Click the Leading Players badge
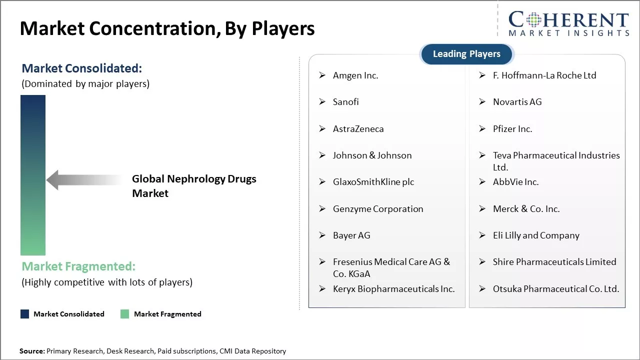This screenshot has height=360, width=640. point(466,54)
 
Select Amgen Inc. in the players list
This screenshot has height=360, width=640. point(355,75)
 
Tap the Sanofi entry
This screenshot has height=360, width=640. point(345,102)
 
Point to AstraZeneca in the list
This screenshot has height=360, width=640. point(358,129)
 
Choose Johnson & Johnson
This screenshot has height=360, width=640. point(372,155)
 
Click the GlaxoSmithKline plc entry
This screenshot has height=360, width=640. point(373,182)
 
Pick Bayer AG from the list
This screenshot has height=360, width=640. point(351,235)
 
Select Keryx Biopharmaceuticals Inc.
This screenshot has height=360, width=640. point(393,289)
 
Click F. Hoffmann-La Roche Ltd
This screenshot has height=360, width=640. point(544,75)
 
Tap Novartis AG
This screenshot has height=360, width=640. point(517,102)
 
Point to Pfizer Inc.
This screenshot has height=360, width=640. point(512,129)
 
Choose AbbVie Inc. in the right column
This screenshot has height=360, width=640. point(515,182)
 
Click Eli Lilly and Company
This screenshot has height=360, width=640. point(536,235)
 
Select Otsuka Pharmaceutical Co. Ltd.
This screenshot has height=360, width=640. point(555,289)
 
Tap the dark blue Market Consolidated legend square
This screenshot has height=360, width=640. point(24,314)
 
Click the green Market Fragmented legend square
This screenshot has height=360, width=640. point(125,314)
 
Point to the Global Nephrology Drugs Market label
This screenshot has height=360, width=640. point(193,186)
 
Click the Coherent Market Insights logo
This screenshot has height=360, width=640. point(568,24)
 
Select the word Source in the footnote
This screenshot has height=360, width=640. point(31,351)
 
